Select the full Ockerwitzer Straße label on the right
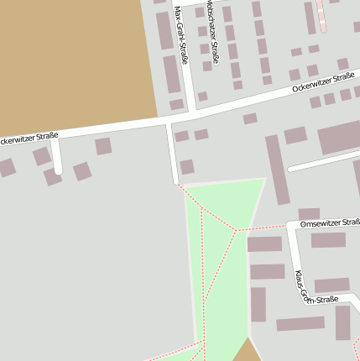pyautogui.click(x=323, y=81)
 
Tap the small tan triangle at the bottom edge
pyautogui.click(x=246, y=352)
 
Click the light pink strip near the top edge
pyautogui.click(x=322, y=14)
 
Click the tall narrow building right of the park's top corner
pyautogui.click(x=277, y=169)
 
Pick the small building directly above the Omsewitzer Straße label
pyautogui.click(x=309, y=213)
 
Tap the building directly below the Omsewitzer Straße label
pyautogui.click(x=328, y=239)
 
